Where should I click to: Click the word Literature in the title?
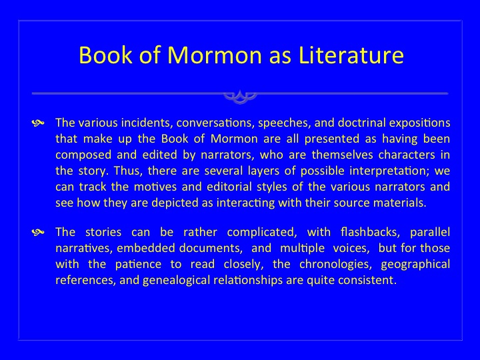pos(351,55)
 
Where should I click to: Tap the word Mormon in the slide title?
pos(214,55)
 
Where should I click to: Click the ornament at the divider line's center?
pos(240,97)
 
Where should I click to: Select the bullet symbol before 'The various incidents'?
pos(38,123)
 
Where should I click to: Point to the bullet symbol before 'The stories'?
pos(38,233)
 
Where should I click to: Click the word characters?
pos(406,155)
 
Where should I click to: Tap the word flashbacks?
pos(370,232)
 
